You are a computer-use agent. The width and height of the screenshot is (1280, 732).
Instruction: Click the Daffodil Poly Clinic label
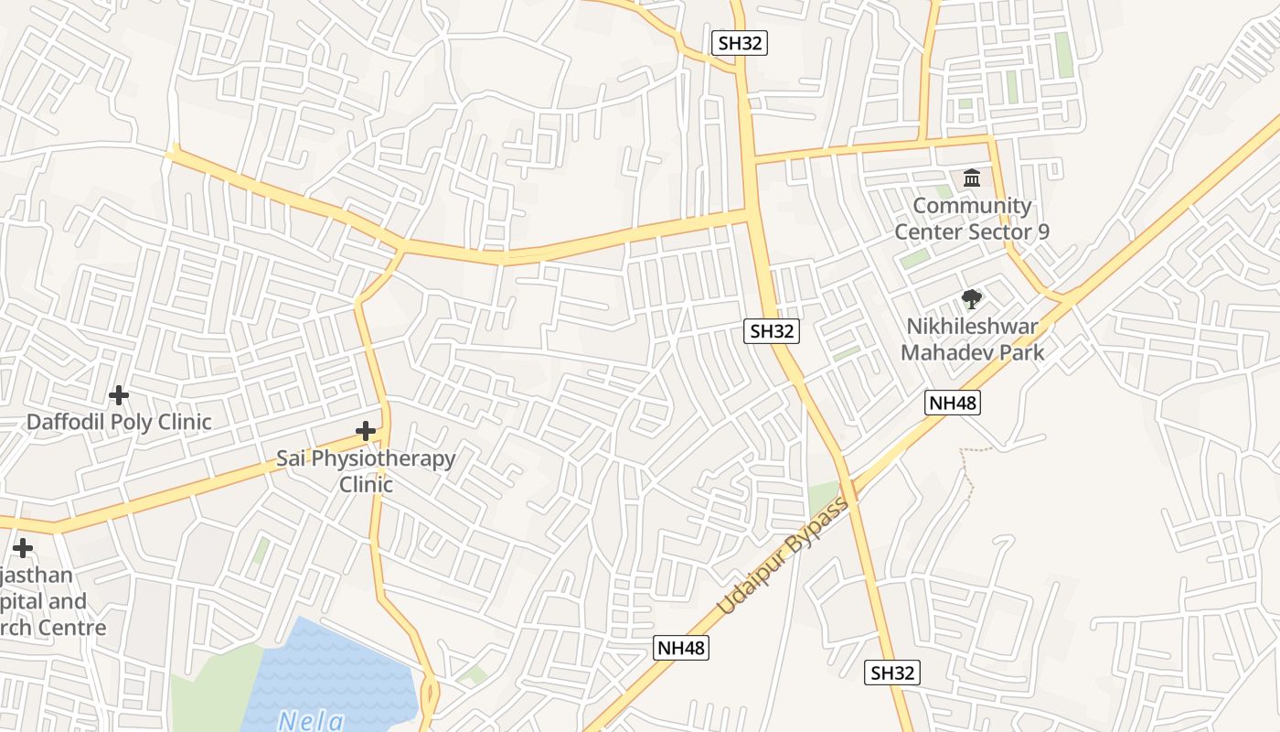[119, 422]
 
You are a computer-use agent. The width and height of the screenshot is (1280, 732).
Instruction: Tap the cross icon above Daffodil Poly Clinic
[118, 395]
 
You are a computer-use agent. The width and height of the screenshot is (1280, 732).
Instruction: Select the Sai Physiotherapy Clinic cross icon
[366, 430]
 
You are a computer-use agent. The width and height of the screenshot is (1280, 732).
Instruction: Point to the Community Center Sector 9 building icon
[972, 178]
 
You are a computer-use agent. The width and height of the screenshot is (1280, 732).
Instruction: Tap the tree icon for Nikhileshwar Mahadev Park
[971, 298]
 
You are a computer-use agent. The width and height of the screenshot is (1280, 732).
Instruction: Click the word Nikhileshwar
[972, 327]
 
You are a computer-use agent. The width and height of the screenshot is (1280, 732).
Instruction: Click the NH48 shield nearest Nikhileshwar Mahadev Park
[952, 402]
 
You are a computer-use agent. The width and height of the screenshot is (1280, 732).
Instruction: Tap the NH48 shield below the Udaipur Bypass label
[682, 648]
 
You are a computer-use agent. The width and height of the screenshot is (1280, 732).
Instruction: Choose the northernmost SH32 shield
[739, 42]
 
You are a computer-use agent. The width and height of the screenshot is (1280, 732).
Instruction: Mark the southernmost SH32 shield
[891, 673]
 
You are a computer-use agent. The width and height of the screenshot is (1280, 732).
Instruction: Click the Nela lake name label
[311, 720]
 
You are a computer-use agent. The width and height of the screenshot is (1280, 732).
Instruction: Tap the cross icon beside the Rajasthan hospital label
[23, 548]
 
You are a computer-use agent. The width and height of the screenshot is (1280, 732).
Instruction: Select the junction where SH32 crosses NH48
[850, 483]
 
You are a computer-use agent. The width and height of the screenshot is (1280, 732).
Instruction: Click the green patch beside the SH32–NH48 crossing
[823, 499]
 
